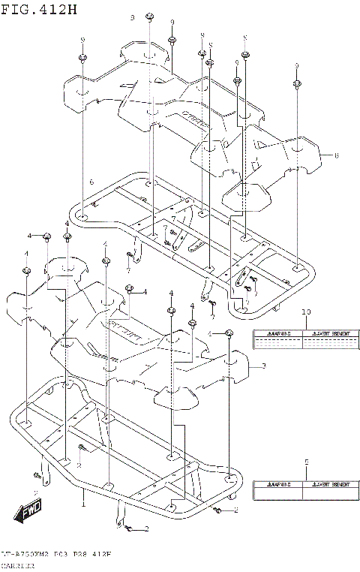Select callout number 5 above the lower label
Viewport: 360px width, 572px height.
(x=305, y=462)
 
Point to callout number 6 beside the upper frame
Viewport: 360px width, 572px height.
(x=91, y=182)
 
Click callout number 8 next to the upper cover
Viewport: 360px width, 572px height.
(x=337, y=155)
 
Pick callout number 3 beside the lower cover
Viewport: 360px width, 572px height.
(x=263, y=367)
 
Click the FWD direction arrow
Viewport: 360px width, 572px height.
(x=28, y=513)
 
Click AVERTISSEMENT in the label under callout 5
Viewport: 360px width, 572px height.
(x=328, y=485)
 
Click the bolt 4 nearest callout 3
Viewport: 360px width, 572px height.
(x=229, y=333)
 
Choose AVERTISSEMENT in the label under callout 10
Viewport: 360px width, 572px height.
(x=328, y=333)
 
